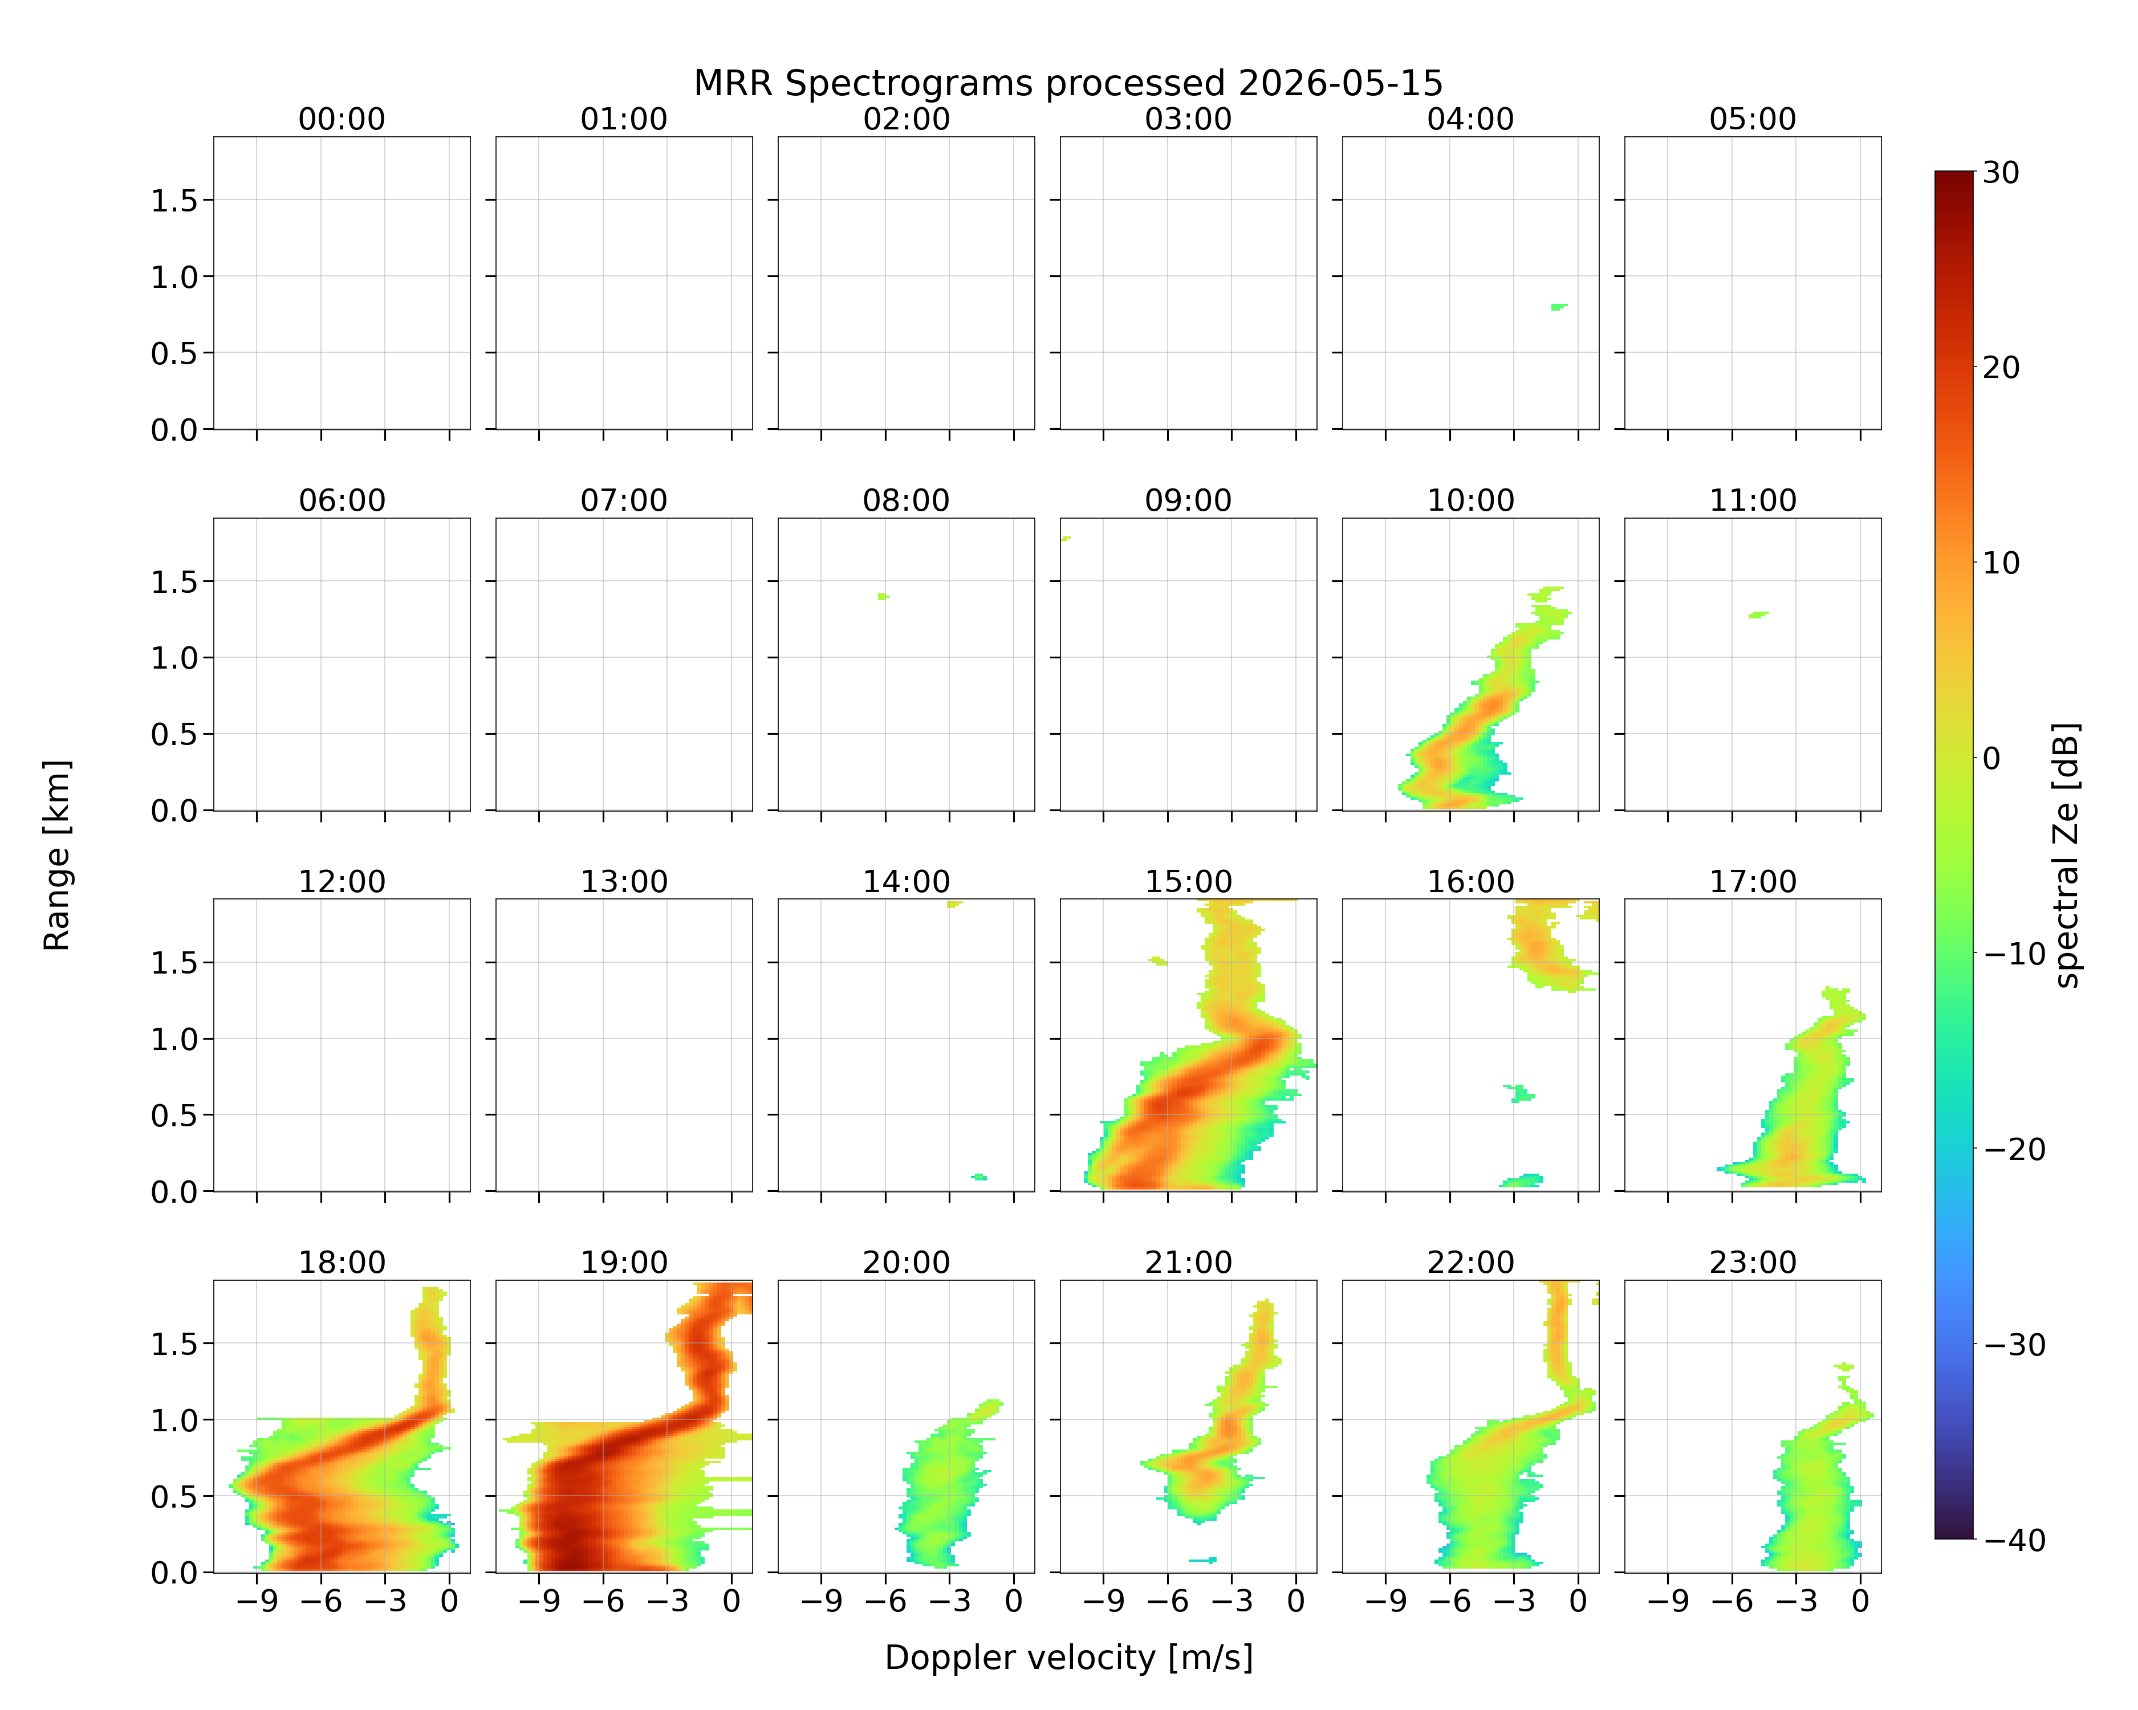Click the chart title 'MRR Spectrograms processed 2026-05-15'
point(1068,83)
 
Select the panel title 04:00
point(1470,119)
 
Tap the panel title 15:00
point(1188,881)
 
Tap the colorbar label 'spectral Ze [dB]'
point(2067,854)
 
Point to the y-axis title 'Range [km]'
point(56,854)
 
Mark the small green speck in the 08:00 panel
point(883,597)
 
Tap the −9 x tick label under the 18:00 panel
point(257,1601)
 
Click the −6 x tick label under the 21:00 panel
point(1167,1601)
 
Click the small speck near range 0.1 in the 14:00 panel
point(979,1176)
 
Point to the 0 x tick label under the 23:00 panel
point(1860,1601)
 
